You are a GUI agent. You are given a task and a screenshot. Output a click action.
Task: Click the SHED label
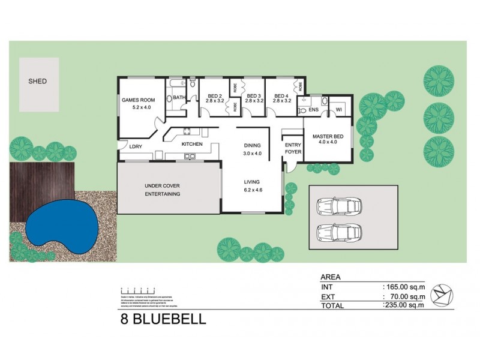tap(37, 81)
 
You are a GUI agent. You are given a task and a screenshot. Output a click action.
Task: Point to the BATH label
tap(179, 98)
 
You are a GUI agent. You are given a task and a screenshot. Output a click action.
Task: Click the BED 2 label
tap(215, 96)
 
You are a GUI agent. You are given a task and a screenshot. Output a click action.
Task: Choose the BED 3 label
tap(253, 96)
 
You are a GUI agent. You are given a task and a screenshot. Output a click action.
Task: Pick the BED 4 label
tap(281, 96)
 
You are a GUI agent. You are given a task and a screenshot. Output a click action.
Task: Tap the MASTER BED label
tap(328, 137)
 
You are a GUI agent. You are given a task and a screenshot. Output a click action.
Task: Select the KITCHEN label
tap(192, 144)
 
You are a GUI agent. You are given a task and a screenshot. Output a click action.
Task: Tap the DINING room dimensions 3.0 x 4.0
tap(253, 154)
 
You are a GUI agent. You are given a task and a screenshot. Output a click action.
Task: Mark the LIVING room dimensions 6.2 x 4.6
tap(253, 190)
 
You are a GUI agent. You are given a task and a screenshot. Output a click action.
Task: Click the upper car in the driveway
tap(339, 206)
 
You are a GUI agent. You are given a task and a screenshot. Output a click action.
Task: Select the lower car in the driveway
tap(339, 232)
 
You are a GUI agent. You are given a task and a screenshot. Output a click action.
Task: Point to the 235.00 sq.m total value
tap(403, 305)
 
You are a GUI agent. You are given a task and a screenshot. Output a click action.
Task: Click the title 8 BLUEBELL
tap(162, 319)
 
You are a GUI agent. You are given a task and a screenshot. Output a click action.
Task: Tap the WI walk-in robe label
tap(338, 110)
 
